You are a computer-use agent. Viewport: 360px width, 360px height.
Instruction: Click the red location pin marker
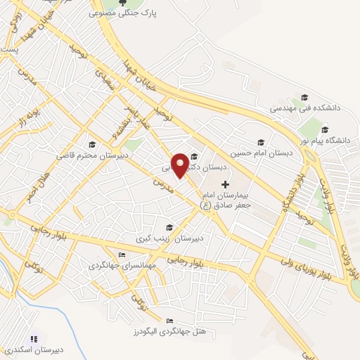click(x=180, y=165)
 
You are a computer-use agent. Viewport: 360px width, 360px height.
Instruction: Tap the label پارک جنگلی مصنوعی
click(x=124, y=13)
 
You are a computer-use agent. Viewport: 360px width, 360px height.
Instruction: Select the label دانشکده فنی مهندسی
click(x=306, y=109)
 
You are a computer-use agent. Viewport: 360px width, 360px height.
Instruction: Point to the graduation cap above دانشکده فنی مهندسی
click(x=304, y=98)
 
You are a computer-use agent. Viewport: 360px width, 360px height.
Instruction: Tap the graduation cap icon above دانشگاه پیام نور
click(x=324, y=129)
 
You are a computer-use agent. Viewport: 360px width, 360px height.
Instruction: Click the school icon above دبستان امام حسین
click(x=260, y=141)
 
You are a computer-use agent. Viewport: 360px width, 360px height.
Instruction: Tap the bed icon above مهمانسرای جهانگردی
click(x=122, y=255)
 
